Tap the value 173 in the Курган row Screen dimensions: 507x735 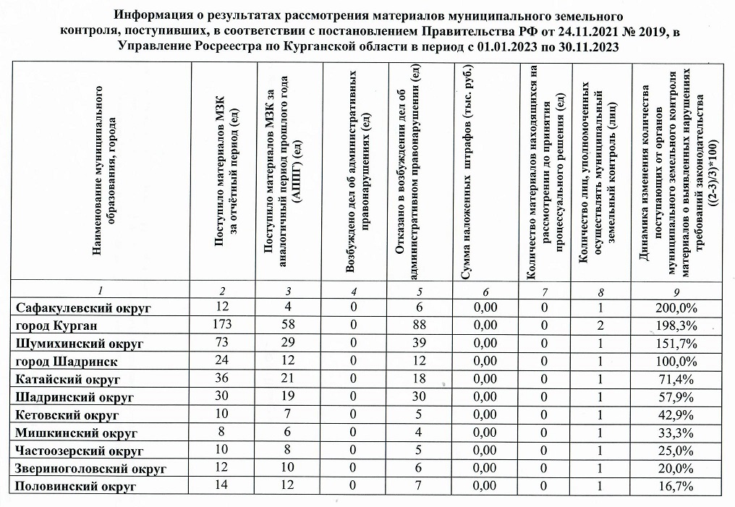coord(222,325)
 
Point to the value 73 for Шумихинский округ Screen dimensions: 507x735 coord(222,342)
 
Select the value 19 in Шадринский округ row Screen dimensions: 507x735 coord(287,396)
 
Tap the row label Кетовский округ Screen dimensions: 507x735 coord(67,414)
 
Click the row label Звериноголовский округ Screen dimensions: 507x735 coord(91,469)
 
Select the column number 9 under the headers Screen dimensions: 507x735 coord(675,291)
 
